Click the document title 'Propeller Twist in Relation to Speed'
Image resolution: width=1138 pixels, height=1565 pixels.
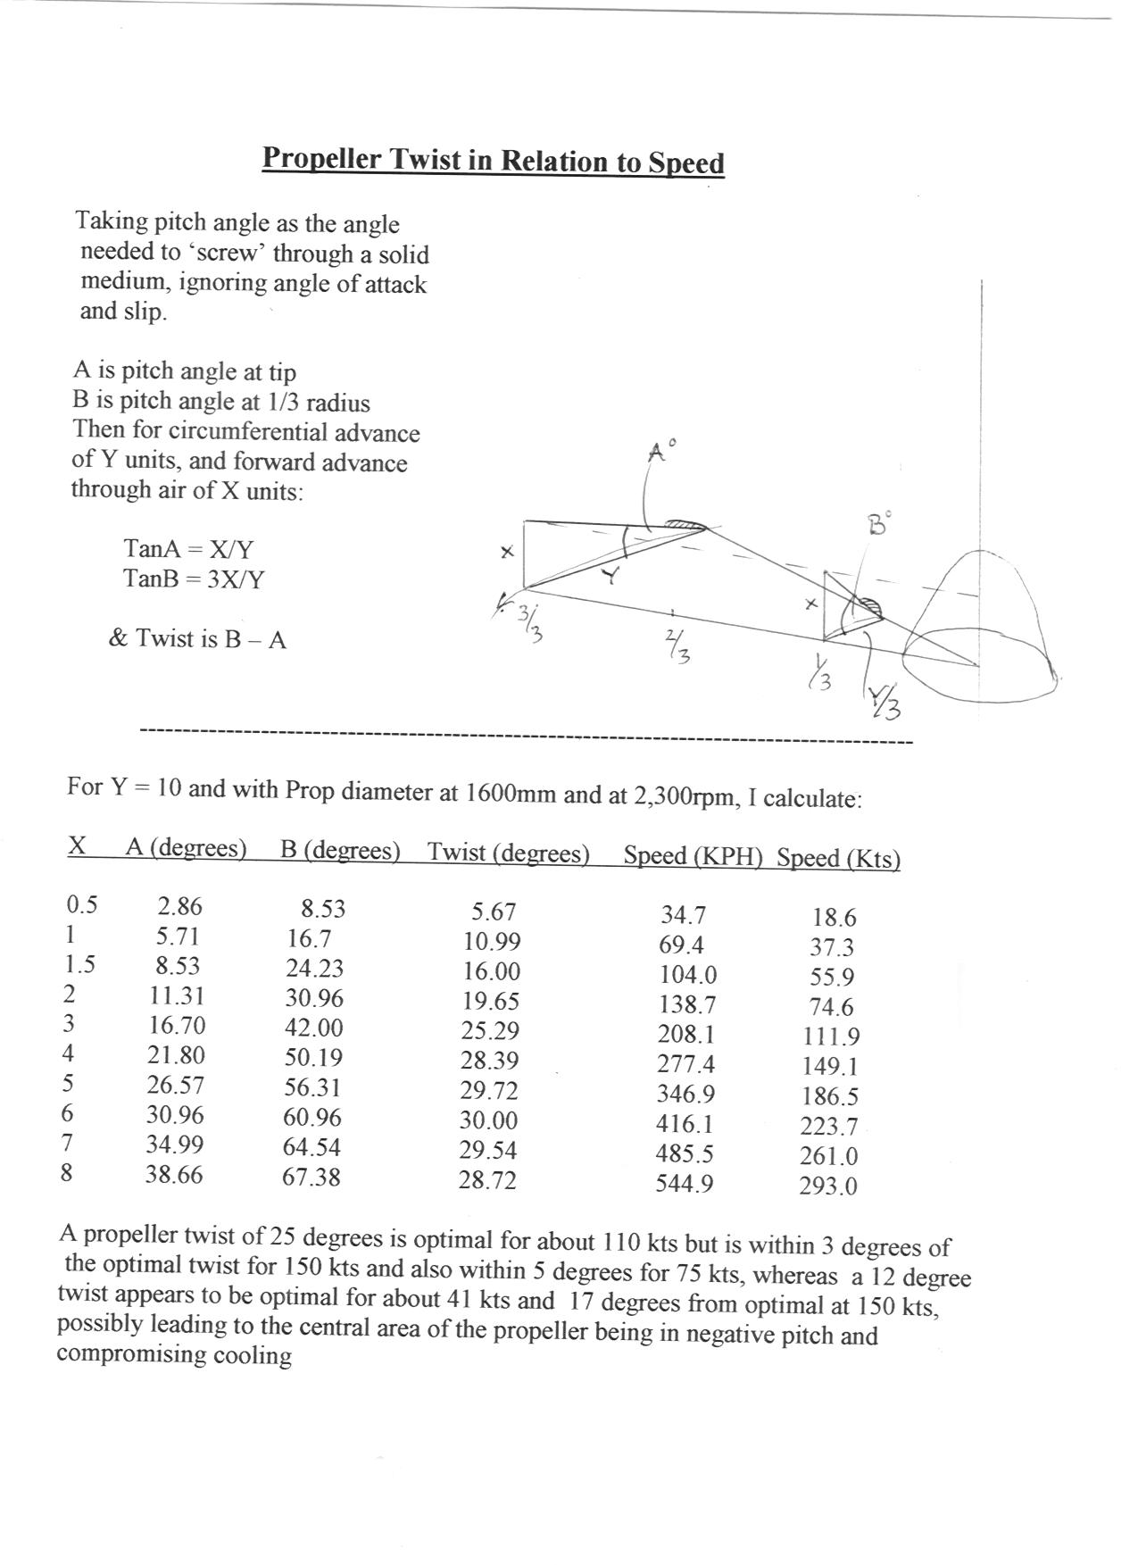[x=493, y=161]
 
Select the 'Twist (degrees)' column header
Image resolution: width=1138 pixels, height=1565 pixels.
[x=509, y=853]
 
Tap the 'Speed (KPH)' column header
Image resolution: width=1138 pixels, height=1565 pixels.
[x=693, y=855]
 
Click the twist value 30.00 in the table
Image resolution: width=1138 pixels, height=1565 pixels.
[x=488, y=1120]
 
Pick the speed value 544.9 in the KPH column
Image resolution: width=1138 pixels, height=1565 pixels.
[x=685, y=1184]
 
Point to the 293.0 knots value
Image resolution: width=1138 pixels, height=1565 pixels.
[x=828, y=1186]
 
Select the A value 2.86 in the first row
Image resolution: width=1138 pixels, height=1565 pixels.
[x=179, y=906]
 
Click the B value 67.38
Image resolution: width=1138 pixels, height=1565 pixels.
[x=311, y=1177]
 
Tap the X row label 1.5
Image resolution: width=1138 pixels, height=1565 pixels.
[x=80, y=965]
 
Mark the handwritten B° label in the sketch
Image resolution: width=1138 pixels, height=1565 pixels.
[x=880, y=524]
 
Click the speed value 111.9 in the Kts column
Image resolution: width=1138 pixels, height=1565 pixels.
[x=831, y=1036]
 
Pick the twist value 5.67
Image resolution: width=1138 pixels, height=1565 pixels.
[x=494, y=912]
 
